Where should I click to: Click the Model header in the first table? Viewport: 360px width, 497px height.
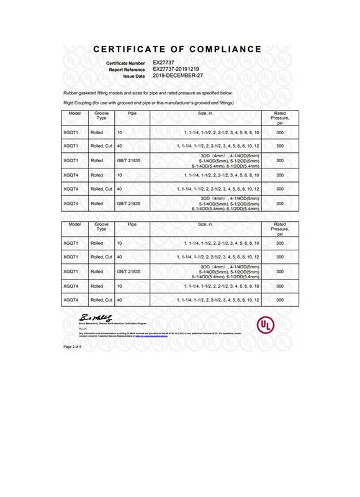pos(76,114)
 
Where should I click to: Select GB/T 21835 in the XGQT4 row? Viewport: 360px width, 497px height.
pos(130,203)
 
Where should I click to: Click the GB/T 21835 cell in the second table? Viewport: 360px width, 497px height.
pos(130,271)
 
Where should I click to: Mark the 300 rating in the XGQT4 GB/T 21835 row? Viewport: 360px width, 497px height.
pos(280,203)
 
